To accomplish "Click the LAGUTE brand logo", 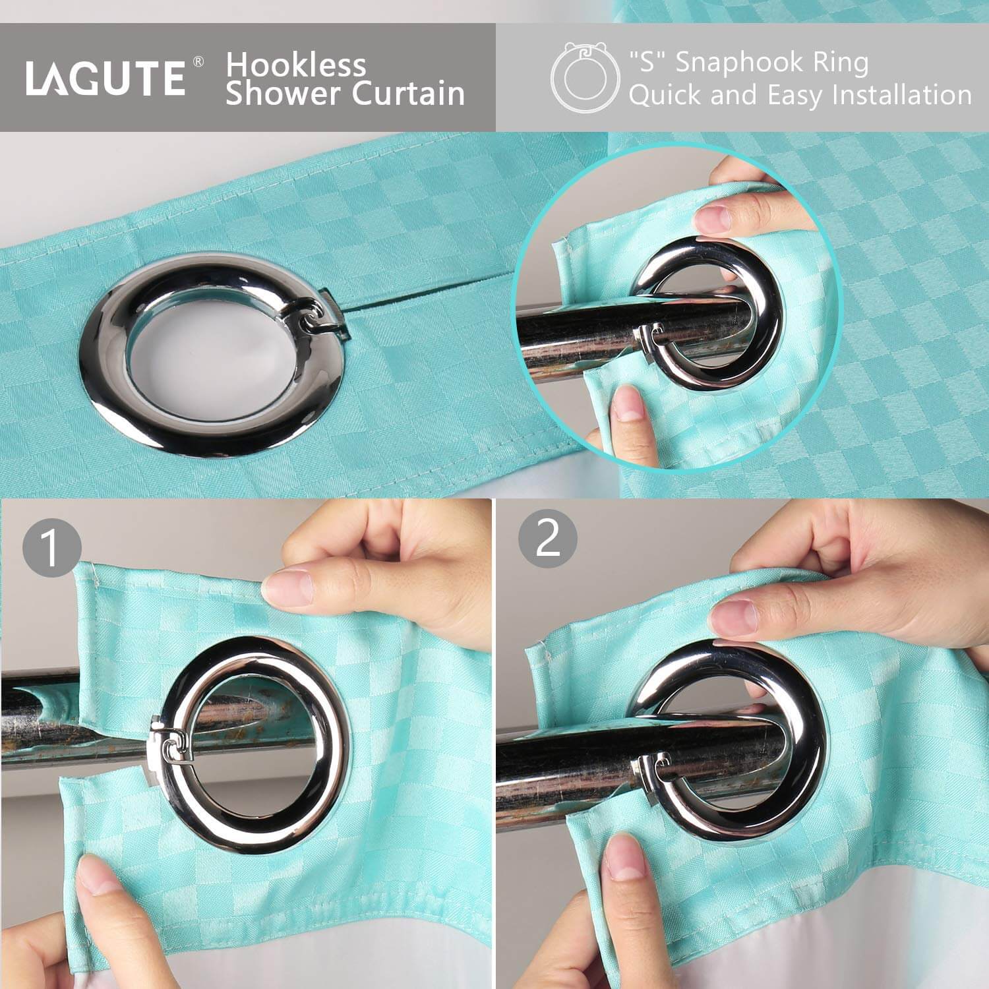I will coord(105,78).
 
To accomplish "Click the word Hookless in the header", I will coord(295,65).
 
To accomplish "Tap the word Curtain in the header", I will coord(408,94).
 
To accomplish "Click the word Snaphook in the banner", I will coord(748,63).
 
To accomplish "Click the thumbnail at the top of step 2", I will coord(733,616).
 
